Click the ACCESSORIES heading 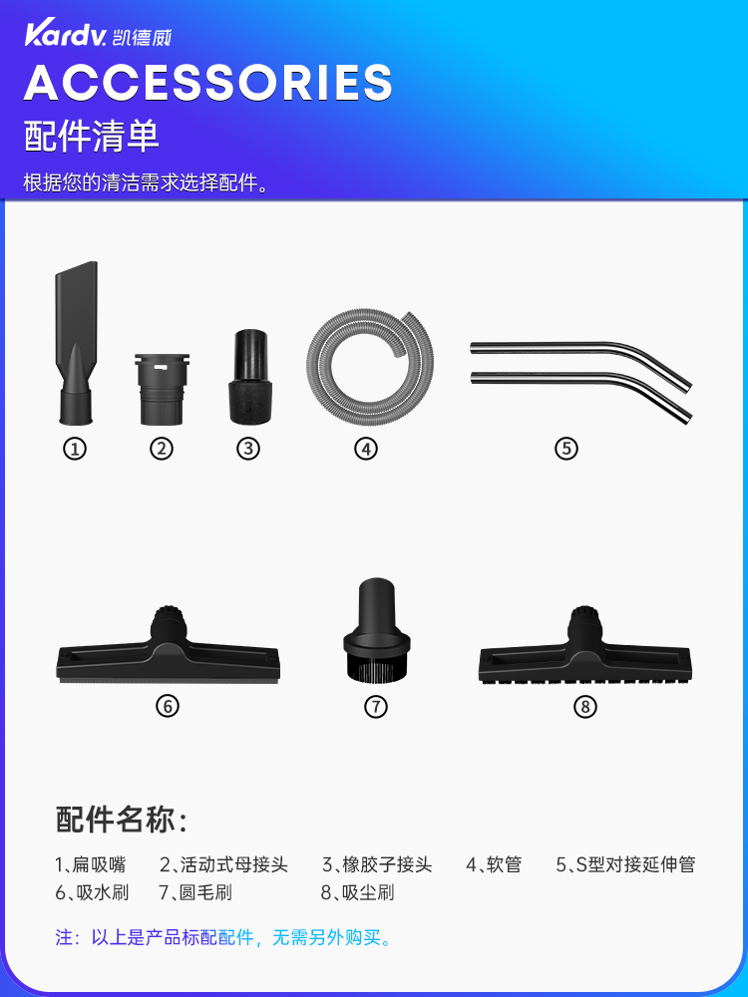point(208,82)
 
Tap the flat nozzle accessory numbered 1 point(77,343)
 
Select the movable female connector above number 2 point(162,389)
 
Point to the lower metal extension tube point(580,389)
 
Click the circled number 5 point(566,449)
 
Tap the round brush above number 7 point(377,629)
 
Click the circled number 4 point(366,449)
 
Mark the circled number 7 point(376,707)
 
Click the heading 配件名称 point(122,820)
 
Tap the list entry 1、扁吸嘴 point(91,864)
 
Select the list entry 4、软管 point(494,864)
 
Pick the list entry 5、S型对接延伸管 point(626,864)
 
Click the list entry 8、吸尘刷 point(358,892)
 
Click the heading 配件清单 point(91,136)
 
